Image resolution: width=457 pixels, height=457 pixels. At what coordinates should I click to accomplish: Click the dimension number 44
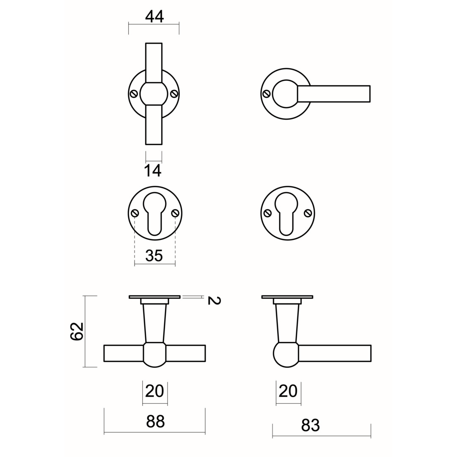click(154, 17)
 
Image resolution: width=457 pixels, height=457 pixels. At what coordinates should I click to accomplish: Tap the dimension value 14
click(153, 171)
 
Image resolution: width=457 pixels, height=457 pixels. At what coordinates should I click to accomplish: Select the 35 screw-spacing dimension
click(154, 256)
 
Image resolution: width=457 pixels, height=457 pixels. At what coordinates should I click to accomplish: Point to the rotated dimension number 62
click(77, 331)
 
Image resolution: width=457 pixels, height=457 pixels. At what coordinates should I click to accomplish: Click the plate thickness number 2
click(214, 300)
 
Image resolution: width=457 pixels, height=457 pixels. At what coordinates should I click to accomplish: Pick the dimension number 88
click(155, 421)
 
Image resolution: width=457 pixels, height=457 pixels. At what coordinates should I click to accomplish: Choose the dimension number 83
click(310, 425)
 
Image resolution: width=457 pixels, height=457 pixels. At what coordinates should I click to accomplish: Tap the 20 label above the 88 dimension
click(154, 391)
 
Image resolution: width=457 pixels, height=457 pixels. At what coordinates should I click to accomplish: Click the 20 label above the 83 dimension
click(288, 391)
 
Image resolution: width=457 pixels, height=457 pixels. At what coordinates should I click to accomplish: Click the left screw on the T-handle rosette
click(134, 94)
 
